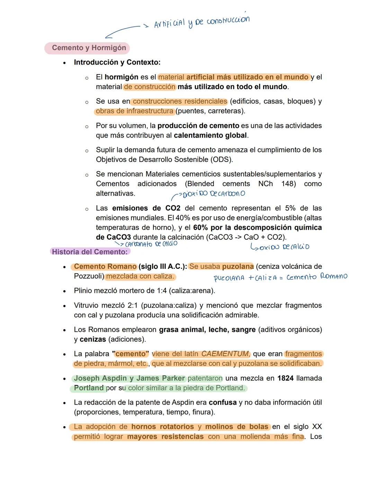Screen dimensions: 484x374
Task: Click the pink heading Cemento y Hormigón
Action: point(89,48)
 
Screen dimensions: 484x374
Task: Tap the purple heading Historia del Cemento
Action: point(90,252)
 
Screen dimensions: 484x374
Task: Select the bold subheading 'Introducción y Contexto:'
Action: point(117,62)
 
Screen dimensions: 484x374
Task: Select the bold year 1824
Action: point(285,378)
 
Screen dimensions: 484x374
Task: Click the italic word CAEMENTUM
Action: point(225,354)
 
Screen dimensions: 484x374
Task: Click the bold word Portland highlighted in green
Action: point(89,388)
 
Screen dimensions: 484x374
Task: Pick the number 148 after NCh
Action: point(288,184)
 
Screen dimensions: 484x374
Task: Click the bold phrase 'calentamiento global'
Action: point(211,135)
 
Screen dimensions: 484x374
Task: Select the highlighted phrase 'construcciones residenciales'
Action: point(180,101)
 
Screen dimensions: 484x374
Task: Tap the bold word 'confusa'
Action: point(223,402)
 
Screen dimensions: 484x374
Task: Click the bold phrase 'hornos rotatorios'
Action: point(162,426)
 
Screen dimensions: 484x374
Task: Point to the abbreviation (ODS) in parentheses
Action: point(221,159)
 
